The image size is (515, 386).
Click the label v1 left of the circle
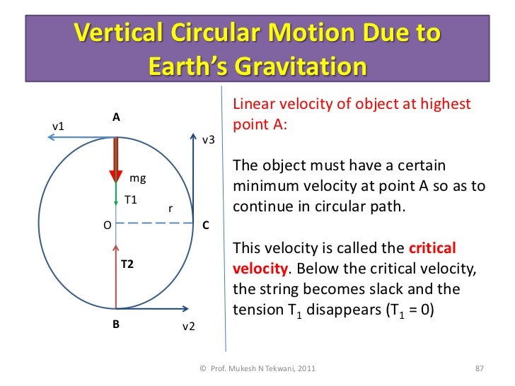tap(59, 127)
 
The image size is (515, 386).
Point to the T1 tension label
tap(131, 199)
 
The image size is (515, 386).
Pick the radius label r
tap(170, 209)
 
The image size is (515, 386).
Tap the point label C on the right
tap(205, 226)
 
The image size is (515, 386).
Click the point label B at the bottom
tap(115, 326)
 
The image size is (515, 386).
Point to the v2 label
tap(189, 327)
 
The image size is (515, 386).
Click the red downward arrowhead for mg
tap(115, 175)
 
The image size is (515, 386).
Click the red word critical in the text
tap(433, 250)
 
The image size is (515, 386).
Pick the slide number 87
tap(478, 368)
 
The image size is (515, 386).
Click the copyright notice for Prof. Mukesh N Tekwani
tap(257, 368)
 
